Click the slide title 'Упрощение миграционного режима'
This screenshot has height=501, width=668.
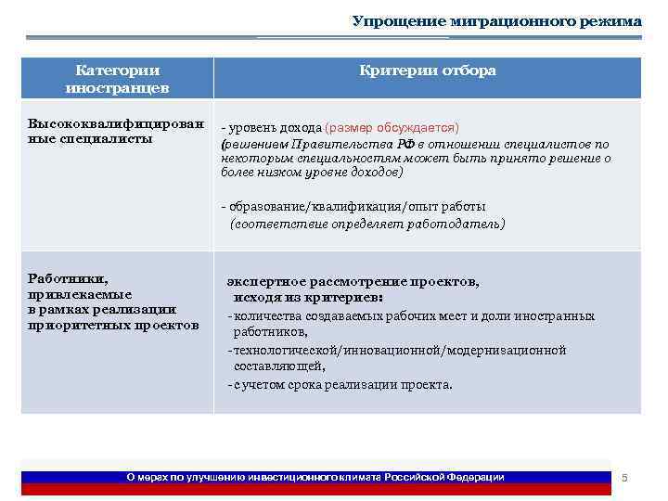(x=496, y=21)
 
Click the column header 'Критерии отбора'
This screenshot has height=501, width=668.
(x=428, y=71)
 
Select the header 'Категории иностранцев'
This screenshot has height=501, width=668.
(x=117, y=79)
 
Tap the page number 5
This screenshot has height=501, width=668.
(x=624, y=477)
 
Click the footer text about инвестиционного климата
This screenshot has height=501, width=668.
(x=315, y=477)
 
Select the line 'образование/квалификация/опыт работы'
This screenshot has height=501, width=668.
(x=357, y=207)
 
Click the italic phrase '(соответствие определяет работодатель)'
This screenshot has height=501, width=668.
(x=367, y=224)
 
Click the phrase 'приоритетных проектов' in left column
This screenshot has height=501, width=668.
(x=113, y=326)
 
